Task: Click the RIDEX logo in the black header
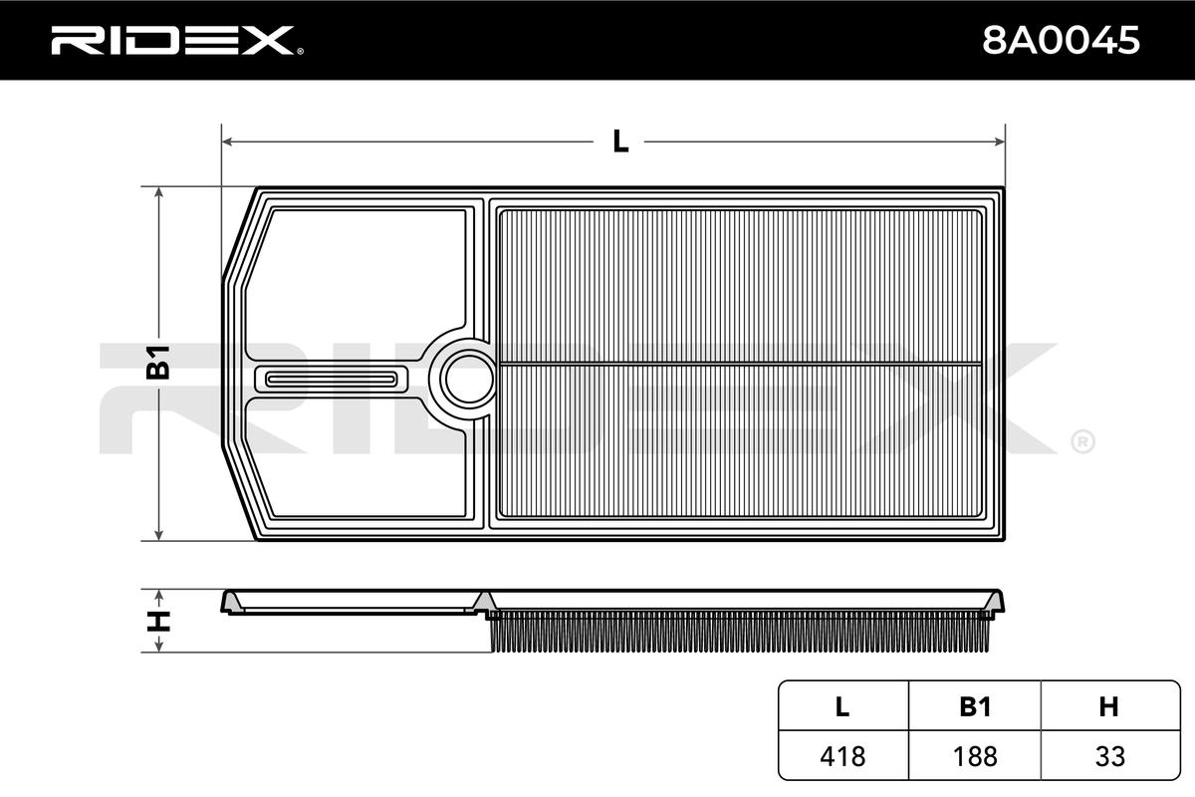coord(176,41)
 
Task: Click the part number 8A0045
coord(1061,41)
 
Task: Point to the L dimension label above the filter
coord(619,141)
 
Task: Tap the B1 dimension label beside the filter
coord(158,363)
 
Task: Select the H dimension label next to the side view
coord(158,621)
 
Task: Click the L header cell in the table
coord(842,706)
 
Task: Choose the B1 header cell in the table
coord(975,706)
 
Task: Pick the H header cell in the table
coord(1109,706)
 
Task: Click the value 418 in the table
coord(842,756)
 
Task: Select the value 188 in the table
coord(975,756)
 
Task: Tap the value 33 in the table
coord(1110,756)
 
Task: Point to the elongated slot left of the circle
coord(332,380)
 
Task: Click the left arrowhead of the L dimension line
coord(228,141)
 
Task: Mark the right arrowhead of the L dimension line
coord(999,141)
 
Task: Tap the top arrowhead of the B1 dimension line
coord(158,193)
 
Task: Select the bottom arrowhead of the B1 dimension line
coord(158,534)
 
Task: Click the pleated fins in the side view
coord(739,632)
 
